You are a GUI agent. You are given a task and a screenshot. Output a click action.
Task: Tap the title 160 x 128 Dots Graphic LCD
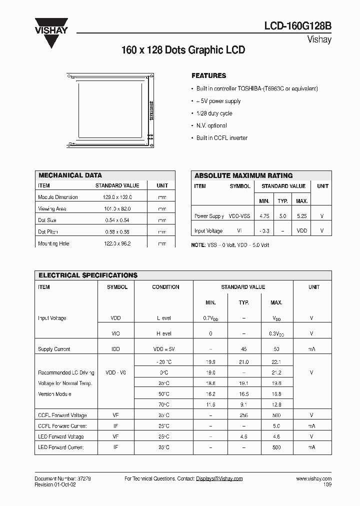click(x=183, y=50)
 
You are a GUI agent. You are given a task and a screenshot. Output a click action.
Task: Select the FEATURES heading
click(x=208, y=76)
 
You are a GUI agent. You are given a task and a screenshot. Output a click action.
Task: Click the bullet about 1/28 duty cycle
click(x=214, y=113)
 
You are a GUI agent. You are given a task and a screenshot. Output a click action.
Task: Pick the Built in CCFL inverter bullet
click(x=221, y=138)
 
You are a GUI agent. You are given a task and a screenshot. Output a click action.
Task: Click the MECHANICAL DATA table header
click(x=70, y=175)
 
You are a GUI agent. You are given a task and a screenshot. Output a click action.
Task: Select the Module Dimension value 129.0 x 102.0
click(x=113, y=197)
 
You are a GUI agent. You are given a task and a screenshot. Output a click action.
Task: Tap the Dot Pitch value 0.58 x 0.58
click(x=113, y=232)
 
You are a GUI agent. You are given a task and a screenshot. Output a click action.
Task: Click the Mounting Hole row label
click(x=53, y=243)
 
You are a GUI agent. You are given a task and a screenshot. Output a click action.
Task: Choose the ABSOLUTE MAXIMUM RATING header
click(x=243, y=175)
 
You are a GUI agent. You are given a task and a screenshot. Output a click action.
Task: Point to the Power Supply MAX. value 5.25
click(x=301, y=216)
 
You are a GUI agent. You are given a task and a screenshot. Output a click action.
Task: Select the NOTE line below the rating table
click(x=230, y=245)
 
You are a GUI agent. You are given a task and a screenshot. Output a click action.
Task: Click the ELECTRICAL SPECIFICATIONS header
click(x=88, y=275)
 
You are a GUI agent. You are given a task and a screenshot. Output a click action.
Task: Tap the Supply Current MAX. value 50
click(x=276, y=349)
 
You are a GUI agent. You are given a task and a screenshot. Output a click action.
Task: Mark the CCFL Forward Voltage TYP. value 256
click(x=243, y=415)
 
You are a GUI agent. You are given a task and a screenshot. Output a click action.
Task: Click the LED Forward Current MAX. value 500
click(x=276, y=447)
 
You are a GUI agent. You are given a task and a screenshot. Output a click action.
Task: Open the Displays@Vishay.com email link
click(x=219, y=478)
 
